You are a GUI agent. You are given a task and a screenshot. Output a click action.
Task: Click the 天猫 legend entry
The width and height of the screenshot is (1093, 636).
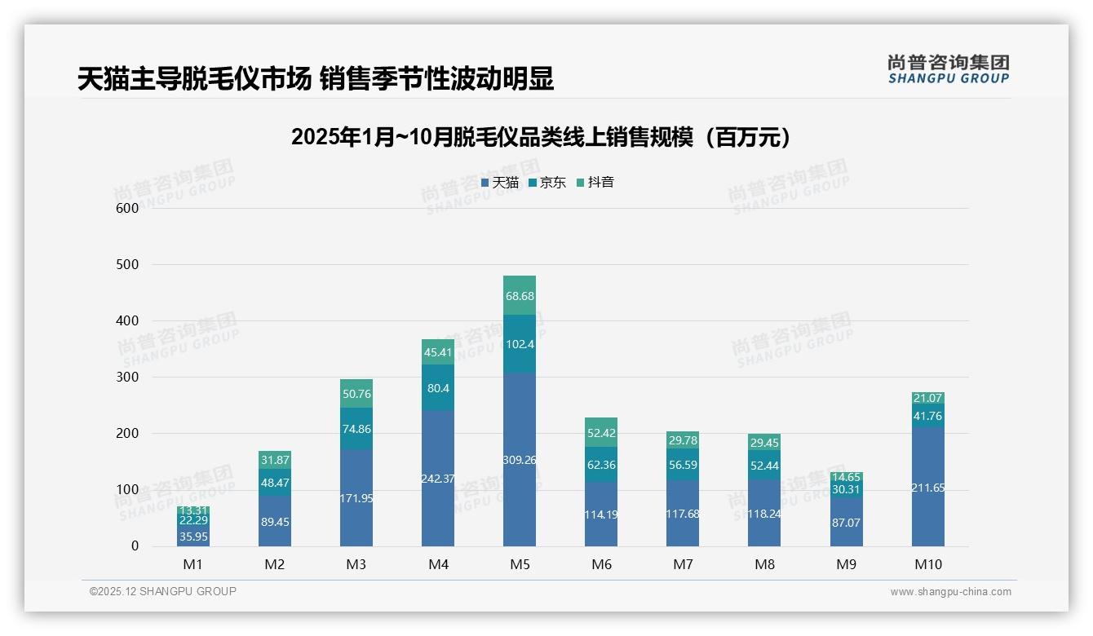point(500,183)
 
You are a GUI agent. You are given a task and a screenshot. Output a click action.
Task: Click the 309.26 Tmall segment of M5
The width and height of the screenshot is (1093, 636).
point(520,459)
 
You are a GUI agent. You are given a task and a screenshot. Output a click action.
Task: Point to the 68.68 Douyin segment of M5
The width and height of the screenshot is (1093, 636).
point(520,295)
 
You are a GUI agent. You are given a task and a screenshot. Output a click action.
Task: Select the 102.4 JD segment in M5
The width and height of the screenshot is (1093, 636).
point(520,343)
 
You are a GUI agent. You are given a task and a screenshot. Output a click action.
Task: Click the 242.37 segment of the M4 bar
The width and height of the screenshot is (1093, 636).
point(438,478)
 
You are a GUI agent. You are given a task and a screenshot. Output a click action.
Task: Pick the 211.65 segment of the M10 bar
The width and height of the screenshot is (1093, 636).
point(927,487)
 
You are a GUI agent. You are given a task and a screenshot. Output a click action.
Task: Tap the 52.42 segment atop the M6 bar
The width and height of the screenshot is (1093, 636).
point(601,432)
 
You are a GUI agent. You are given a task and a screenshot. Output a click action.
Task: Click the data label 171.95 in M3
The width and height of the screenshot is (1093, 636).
point(356,497)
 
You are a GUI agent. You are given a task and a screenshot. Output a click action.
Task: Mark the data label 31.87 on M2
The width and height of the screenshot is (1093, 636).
point(275,460)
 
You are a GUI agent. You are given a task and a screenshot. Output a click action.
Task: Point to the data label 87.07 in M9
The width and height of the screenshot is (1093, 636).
point(846,521)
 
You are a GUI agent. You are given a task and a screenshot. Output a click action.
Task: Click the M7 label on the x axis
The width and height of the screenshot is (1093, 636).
point(683,565)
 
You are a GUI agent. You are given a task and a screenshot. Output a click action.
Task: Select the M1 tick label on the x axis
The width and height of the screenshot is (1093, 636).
point(193,565)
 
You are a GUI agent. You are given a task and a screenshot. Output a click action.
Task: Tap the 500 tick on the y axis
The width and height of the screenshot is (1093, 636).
point(127,264)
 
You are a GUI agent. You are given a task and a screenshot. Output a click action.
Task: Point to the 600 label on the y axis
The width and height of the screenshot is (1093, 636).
point(127,208)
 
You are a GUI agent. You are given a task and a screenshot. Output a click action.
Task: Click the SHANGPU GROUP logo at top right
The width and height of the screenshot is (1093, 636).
point(948,69)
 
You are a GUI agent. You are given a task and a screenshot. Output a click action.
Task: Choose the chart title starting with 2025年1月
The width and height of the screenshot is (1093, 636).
point(542,137)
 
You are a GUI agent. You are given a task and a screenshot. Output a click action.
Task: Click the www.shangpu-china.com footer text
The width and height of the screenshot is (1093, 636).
point(950,592)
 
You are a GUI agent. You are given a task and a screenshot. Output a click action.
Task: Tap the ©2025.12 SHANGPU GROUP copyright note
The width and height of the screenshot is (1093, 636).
point(163,591)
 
